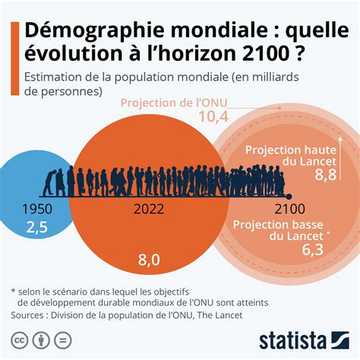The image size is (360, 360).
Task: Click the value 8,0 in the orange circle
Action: coord(149,260)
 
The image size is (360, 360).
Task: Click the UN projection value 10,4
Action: coord(214,116)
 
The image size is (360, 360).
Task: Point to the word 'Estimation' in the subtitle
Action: coord(56,77)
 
